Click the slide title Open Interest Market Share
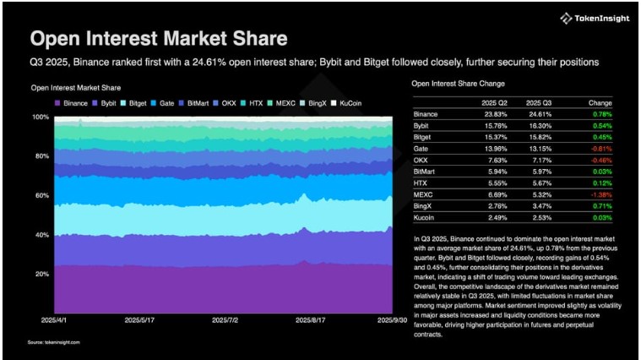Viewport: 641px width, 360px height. (x=158, y=39)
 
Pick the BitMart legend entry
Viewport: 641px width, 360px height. (x=197, y=102)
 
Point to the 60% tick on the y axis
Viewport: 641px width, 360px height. (x=40, y=195)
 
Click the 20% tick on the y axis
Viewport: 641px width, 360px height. (x=40, y=274)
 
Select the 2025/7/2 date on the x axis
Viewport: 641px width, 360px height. (x=225, y=320)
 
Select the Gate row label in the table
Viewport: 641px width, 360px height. (x=420, y=147)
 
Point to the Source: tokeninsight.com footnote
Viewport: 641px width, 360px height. (x=57, y=342)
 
